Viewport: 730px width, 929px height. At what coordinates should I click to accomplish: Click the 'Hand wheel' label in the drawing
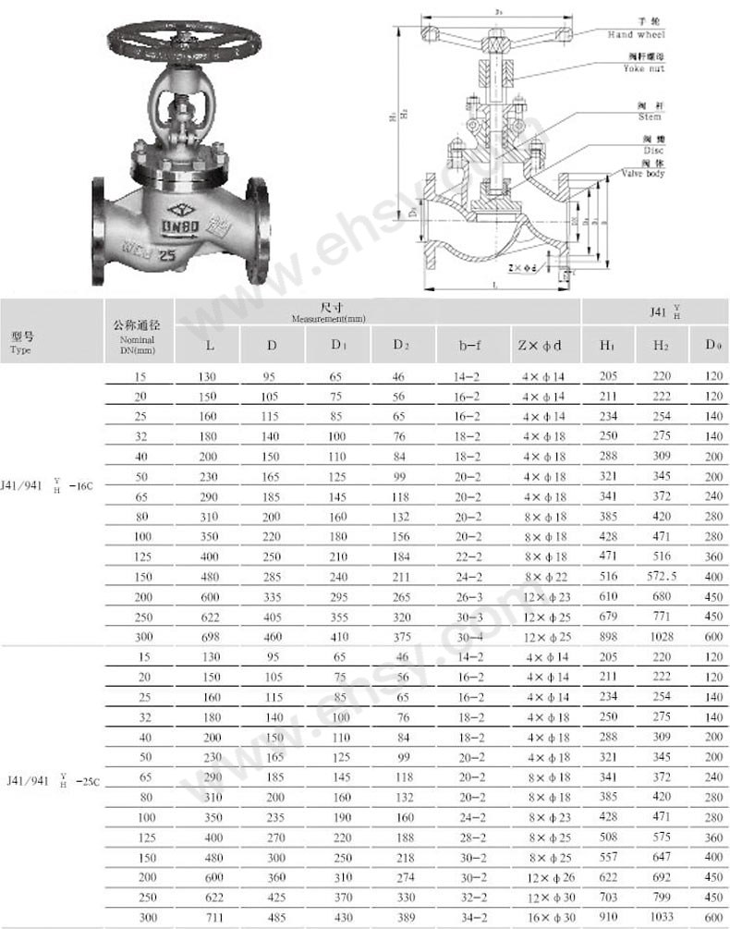[x=637, y=34]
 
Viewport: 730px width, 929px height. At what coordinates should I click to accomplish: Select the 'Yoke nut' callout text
[x=637, y=68]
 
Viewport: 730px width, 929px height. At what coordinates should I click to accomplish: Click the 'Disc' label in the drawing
[x=652, y=149]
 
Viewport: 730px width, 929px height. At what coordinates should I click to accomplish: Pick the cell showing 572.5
[x=660, y=575]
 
